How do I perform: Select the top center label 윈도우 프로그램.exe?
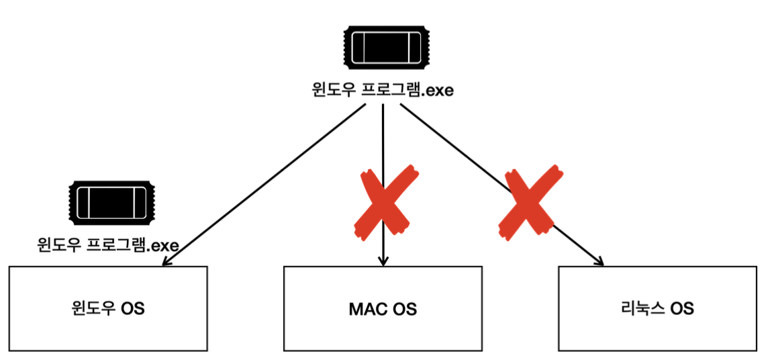click(383, 89)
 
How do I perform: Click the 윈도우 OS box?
click(108, 308)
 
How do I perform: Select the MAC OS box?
click(383, 308)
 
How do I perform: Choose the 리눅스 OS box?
click(657, 308)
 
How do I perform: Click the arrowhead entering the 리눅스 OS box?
click(597, 261)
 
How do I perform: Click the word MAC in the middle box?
click(365, 309)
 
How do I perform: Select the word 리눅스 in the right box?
click(642, 309)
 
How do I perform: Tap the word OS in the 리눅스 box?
click(682, 309)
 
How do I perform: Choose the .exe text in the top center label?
click(436, 89)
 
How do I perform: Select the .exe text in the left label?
click(162, 245)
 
